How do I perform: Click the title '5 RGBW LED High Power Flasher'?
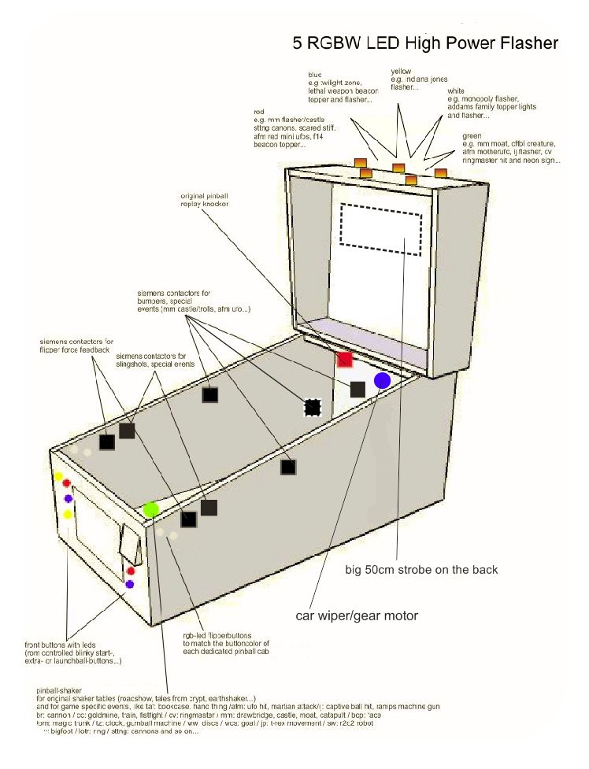tap(425, 43)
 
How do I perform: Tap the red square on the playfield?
tap(344, 360)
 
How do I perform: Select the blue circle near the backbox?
tap(383, 381)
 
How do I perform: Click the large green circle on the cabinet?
tap(151, 508)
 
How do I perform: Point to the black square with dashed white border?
tap(313, 407)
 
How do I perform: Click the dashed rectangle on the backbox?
tap(381, 228)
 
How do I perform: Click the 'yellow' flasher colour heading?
tap(401, 72)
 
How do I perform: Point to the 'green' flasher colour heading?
tap(472, 135)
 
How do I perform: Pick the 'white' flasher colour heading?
tap(456, 91)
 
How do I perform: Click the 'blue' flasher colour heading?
tap(314, 74)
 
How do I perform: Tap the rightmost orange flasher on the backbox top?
tap(440, 172)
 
